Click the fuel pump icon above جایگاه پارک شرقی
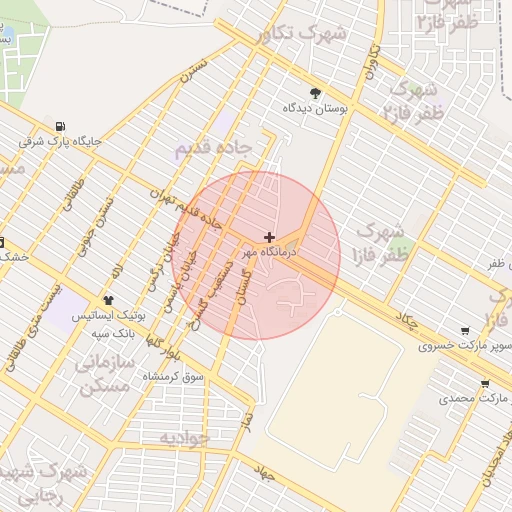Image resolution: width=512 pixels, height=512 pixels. click(x=62, y=127)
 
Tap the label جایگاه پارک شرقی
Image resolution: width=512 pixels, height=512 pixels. click(x=60, y=142)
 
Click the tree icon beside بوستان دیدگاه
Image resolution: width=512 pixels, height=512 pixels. click(x=317, y=92)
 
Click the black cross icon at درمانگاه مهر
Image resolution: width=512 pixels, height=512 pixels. click(x=268, y=237)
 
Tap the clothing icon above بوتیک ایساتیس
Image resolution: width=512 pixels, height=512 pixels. click(x=108, y=299)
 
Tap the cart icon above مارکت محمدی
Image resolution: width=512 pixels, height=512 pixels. click(x=485, y=383)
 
